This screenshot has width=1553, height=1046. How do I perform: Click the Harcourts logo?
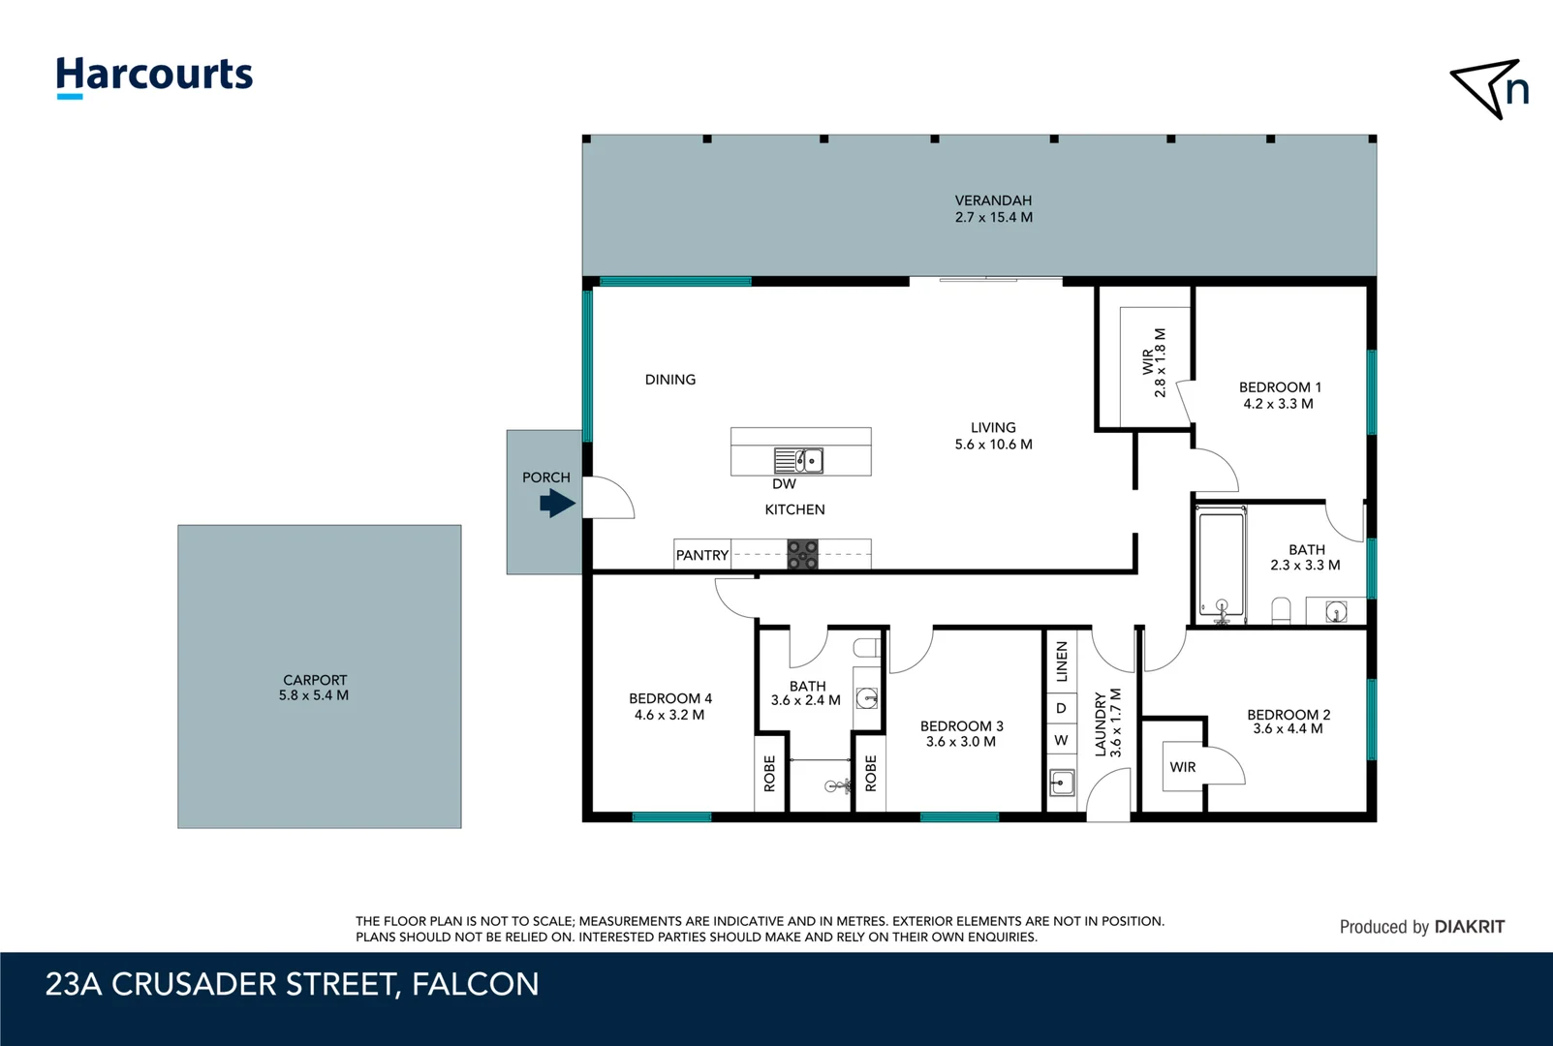(154, 77)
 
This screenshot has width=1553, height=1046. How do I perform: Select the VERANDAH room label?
(993, 200)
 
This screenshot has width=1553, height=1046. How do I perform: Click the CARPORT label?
(315, 680)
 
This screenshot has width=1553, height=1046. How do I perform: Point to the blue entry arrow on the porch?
(557, 504)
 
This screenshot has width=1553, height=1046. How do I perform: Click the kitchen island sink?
(798, 460)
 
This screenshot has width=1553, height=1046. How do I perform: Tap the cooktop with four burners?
(802, 555)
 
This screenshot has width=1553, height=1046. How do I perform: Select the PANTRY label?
(701, 555)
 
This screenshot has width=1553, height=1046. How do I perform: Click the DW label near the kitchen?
(784, 484)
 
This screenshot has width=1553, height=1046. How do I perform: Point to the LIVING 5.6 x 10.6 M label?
(993, 436)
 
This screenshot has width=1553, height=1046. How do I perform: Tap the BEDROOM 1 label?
(1280, 387)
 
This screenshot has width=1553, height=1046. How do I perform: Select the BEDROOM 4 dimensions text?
(669, 715)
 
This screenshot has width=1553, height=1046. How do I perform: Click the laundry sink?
(1062, 784)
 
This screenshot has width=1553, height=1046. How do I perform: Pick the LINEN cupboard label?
(1062, 661)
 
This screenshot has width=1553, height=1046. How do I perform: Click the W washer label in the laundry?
(1061, 740)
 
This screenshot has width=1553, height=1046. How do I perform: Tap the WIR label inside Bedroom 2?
(1182, 767)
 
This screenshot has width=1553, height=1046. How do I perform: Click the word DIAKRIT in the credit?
(1469, 927)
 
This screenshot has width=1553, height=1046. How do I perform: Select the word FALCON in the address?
(475, 984)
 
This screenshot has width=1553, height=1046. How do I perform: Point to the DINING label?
(669, 380)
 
